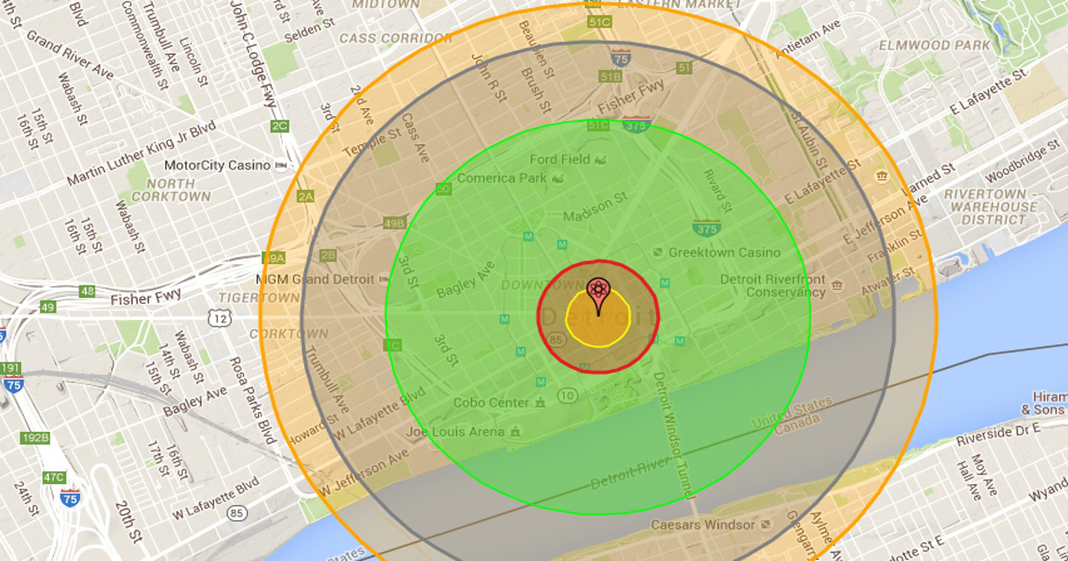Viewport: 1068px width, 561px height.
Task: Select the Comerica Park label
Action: click(x=501, y=178)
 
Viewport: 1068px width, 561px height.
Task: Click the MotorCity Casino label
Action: click(x=217, y=166)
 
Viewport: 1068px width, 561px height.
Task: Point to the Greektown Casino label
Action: click(x=724, y=253)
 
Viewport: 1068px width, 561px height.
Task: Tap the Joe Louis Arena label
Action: click(x=455, y=432)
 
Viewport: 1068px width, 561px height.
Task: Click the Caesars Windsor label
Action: click(x=703, y=525)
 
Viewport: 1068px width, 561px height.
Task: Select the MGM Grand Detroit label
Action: click(x=315, y=279)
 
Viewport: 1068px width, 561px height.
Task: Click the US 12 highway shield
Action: click(x=220, y=319)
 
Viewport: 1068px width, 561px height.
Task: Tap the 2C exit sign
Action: click(x=279, y=126)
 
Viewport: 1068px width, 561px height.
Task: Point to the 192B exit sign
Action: click(x=35, y=438)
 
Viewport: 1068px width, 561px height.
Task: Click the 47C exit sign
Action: click(x=54, y=478)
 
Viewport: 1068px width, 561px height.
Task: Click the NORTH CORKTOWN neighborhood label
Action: click(x=171, y=190)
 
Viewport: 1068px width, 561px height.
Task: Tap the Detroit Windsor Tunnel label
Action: click(x=672, y=434)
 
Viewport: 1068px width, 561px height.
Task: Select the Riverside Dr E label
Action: click(x=998, y=435)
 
